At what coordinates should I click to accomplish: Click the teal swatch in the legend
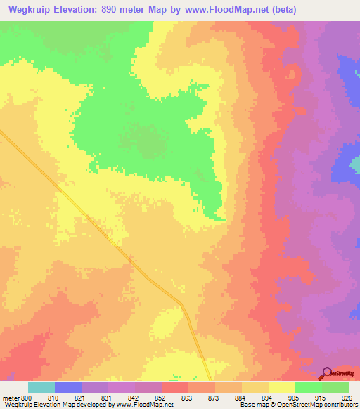[41, 387]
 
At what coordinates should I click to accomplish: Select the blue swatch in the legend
[68, 387]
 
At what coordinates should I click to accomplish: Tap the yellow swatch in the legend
[282, 387]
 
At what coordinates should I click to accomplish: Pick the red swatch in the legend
[175, 387]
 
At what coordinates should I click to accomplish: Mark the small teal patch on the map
[356, 166]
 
